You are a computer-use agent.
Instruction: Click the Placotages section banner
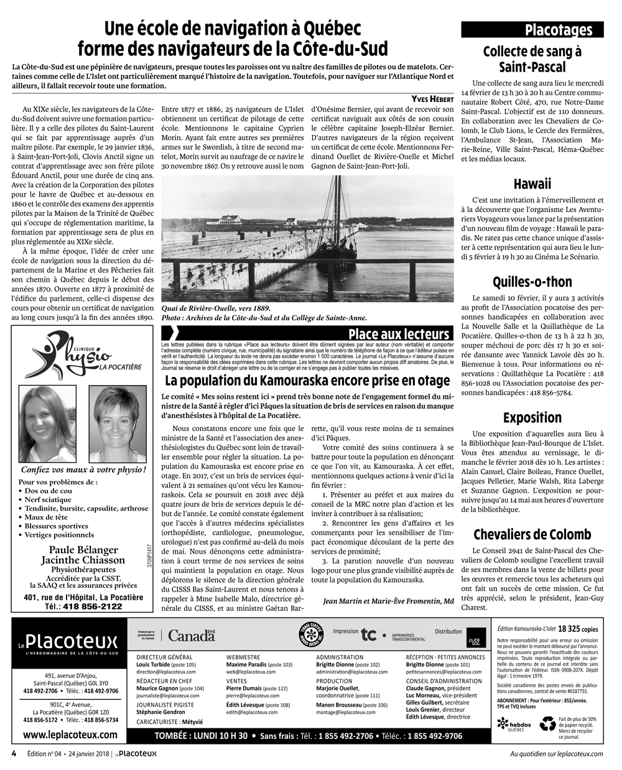(x=532, y=29)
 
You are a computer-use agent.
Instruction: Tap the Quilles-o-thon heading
(x=532, y=282)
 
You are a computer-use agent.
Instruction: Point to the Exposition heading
(x=532, y=417)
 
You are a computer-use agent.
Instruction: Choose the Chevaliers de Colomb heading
(x=532, y=534)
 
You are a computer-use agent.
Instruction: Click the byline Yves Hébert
(x=432, y=99)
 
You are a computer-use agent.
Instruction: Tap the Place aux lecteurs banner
(x=399, y=334)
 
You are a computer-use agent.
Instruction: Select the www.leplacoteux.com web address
(x=70, y=735)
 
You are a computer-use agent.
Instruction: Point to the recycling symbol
(x=548, y=723)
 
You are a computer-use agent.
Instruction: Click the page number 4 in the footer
(x=13, y=753)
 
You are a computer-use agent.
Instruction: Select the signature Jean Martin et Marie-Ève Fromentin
(x=388, y=601)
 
